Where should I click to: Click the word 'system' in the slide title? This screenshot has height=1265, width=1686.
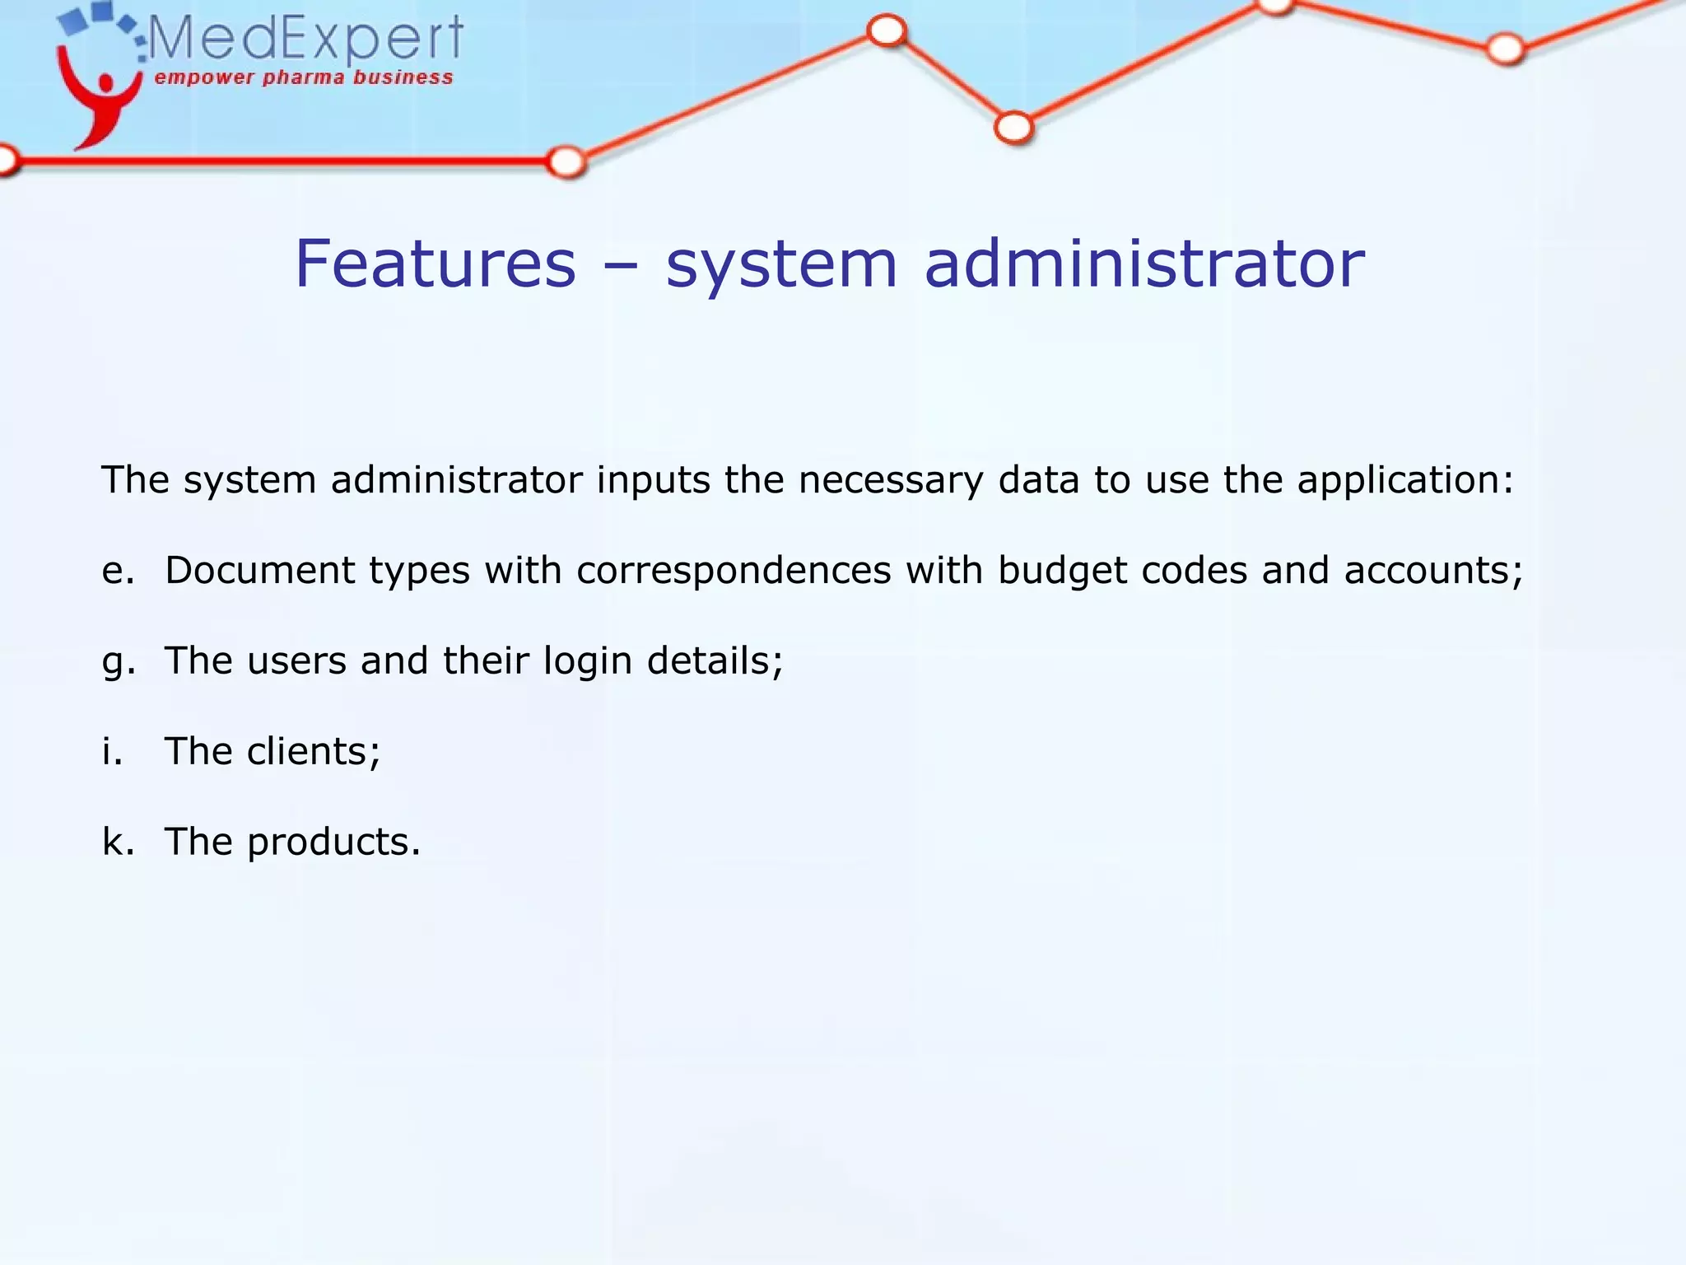click(x=780, y=265)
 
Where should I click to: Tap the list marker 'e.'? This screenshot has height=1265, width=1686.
click(x=118, y=571)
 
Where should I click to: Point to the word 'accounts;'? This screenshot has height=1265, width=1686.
click(x=1433, y=571)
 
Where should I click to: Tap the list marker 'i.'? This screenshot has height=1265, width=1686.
click(x=112, y=751)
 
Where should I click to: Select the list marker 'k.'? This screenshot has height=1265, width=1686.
click(x=118, y=842)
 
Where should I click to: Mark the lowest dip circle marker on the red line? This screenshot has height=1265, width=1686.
click(x=1013, y=128)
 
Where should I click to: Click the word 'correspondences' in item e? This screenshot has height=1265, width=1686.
click(x=734, y=571)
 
